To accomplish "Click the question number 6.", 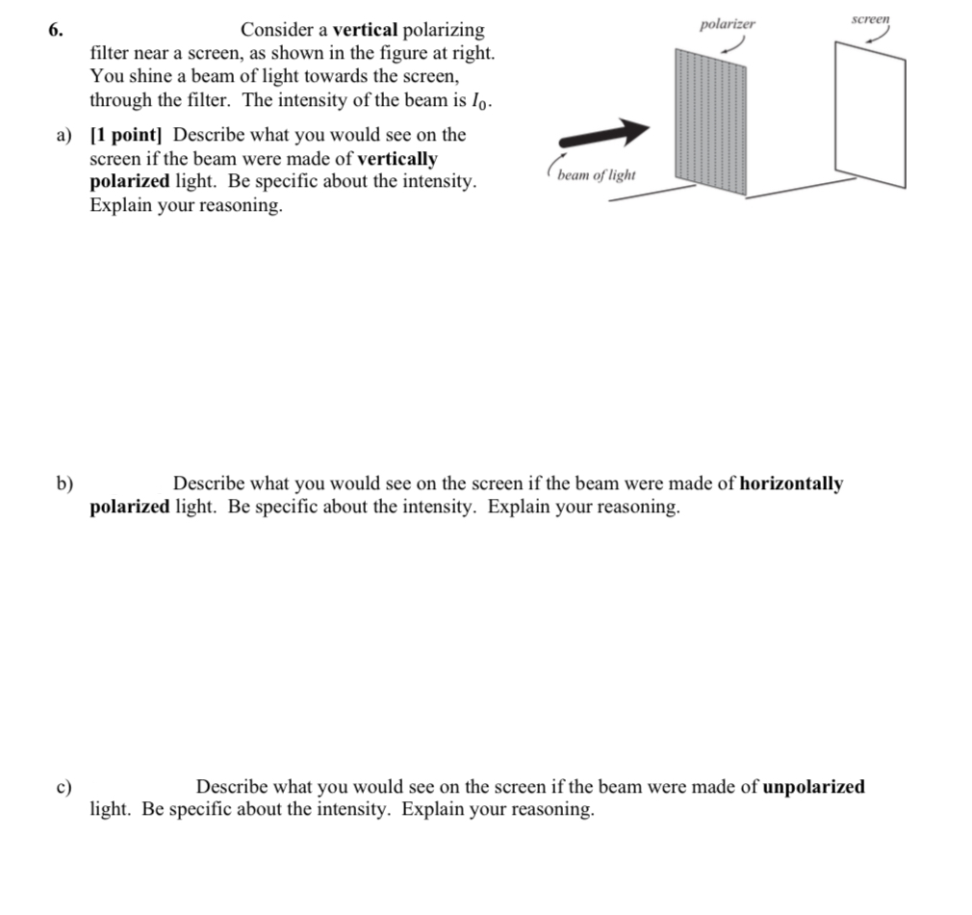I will [55, 30].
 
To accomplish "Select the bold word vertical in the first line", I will [365, 30].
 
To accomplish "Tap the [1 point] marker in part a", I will [128, 136].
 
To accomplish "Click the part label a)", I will [64, 136].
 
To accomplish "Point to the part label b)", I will [64, 484].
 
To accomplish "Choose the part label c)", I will [64, 787].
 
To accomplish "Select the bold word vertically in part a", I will [397, 159].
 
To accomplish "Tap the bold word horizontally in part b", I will [791, 484].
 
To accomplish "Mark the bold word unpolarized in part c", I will [813, 787].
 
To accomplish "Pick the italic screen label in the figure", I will [871, 19].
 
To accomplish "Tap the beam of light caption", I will [596, 174].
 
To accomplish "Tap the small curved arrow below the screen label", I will [877, 36].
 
